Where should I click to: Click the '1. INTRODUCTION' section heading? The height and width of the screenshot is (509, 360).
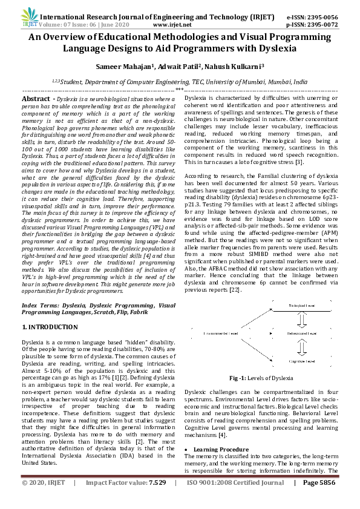pos(50,327)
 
